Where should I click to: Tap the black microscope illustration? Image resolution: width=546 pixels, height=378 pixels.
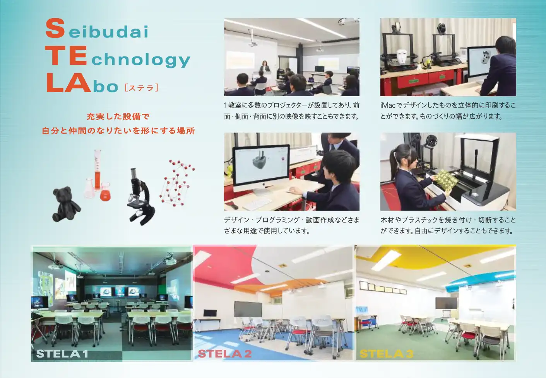point(141,196)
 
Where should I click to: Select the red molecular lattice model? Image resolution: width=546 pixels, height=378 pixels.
point(177,183)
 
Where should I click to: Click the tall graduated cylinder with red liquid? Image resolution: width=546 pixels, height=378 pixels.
point(98,170)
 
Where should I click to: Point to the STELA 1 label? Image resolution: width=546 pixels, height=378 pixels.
point(62,354)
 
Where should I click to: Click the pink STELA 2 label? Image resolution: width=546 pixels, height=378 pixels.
point(225,354)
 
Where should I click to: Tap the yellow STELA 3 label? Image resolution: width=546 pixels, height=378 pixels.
point(387,354)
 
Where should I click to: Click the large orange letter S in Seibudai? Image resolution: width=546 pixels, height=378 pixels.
point(55,29)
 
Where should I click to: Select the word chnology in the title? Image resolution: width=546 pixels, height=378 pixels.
point(141,59)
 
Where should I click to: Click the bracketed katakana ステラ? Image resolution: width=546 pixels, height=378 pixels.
point(142,88)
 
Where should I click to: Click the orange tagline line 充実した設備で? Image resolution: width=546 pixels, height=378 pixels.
point(118,117)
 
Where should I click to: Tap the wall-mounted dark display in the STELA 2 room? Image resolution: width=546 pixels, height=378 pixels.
point(248,309)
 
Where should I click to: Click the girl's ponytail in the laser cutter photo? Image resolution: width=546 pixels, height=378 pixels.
point(392,161)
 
